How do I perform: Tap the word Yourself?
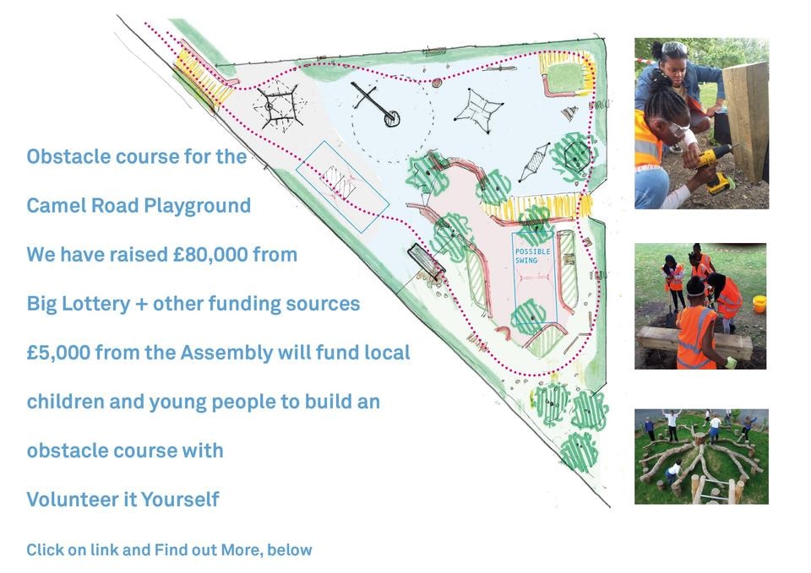[180, 500]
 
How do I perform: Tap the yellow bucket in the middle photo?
[759, 304]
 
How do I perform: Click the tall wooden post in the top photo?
[745, 122]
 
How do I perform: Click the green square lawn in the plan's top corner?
[565, 78]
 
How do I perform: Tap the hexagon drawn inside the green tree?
[576, 155]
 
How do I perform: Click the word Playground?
[197, 206]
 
